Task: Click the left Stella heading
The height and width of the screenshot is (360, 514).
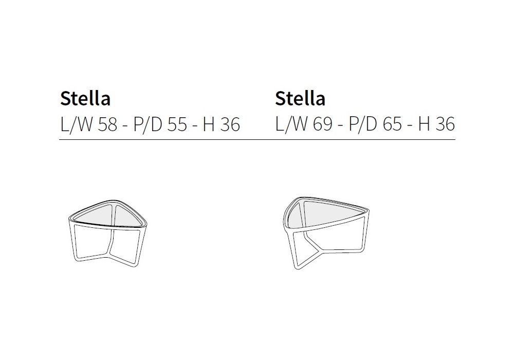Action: pyautogui.click(x=85, y=98)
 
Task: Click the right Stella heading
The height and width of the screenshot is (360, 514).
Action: pyautogui.click(x=300, y=98)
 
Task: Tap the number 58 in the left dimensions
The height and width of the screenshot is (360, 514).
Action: pyautogui.click(x=107, y=124)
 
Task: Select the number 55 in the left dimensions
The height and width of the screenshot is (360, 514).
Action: pyautogui.click(x=177, y=124)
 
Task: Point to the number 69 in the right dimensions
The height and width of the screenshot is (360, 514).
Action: pyautogui.click(x=323, y=124)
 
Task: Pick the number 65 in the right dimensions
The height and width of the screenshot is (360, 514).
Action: pyautogui.click(x=392, y=124)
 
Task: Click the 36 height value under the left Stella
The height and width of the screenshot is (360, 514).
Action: pyautogui.click(x=230, y=124)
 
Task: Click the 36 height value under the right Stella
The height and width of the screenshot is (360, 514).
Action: pyautogui.click(x=445, y=124)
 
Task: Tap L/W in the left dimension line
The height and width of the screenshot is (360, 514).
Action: pyautogui.click(x=77, y=124)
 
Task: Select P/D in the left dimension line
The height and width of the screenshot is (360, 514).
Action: pyautogui.click(x=148, y=124)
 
